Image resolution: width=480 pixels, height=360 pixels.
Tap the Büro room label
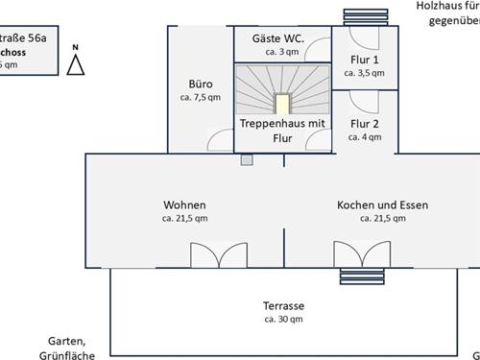pyautogui.click(x=202, y=83)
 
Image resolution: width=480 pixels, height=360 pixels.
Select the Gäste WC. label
pyautogui.click(x=278, y=37)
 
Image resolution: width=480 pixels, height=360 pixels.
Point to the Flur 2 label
pyautogui.click(x=365, y=123)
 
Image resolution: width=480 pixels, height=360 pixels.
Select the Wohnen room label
pyautogui.click(x=184, y=205)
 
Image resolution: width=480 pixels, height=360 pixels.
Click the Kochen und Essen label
pyautogui.click(x=382, y=205)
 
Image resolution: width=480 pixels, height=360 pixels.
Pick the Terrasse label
pyautogui.click(x=283, y=306)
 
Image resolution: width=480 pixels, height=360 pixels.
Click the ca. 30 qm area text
pyautogui.click(x=283, y=319)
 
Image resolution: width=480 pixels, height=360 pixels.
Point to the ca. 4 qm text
pyautogui.click(x=365, y=136)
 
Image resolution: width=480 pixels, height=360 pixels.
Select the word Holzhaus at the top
pyautogui.click(x=438, y=6)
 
